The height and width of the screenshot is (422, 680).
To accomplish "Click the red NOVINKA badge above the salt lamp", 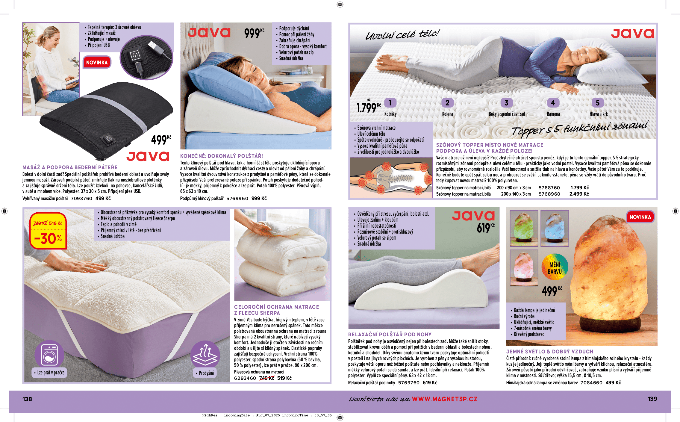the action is coord(640,217).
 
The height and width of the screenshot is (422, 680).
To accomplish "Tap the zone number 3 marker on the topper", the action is coord(507,103).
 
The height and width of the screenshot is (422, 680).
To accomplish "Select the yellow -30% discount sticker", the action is coord(48,231).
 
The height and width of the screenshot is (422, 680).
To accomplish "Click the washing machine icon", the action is coord(49,355).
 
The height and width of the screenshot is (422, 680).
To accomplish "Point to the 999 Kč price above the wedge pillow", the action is coord(254,33).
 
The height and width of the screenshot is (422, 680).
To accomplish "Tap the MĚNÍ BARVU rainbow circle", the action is coord(555,267).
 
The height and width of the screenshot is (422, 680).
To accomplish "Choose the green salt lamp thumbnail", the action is coord(524,228).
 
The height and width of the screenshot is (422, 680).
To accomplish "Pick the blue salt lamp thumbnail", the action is coord(555,228).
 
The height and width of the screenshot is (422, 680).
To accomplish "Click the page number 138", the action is coord(27,399).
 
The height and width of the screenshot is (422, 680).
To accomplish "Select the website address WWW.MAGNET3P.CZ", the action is coord(445,399).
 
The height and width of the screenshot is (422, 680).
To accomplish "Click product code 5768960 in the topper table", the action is coord(549,194).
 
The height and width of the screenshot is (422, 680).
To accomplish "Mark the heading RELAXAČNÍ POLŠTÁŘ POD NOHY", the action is coord(390,334).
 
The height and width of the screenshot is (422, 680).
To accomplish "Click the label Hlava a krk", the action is coord(599,114).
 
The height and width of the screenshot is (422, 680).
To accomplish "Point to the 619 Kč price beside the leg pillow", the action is coord(485,228).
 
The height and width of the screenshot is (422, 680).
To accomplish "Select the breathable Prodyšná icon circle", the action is coord(205,355).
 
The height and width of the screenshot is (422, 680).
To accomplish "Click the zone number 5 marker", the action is coord(598,103).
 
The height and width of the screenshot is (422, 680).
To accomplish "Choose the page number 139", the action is coord(652,399).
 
